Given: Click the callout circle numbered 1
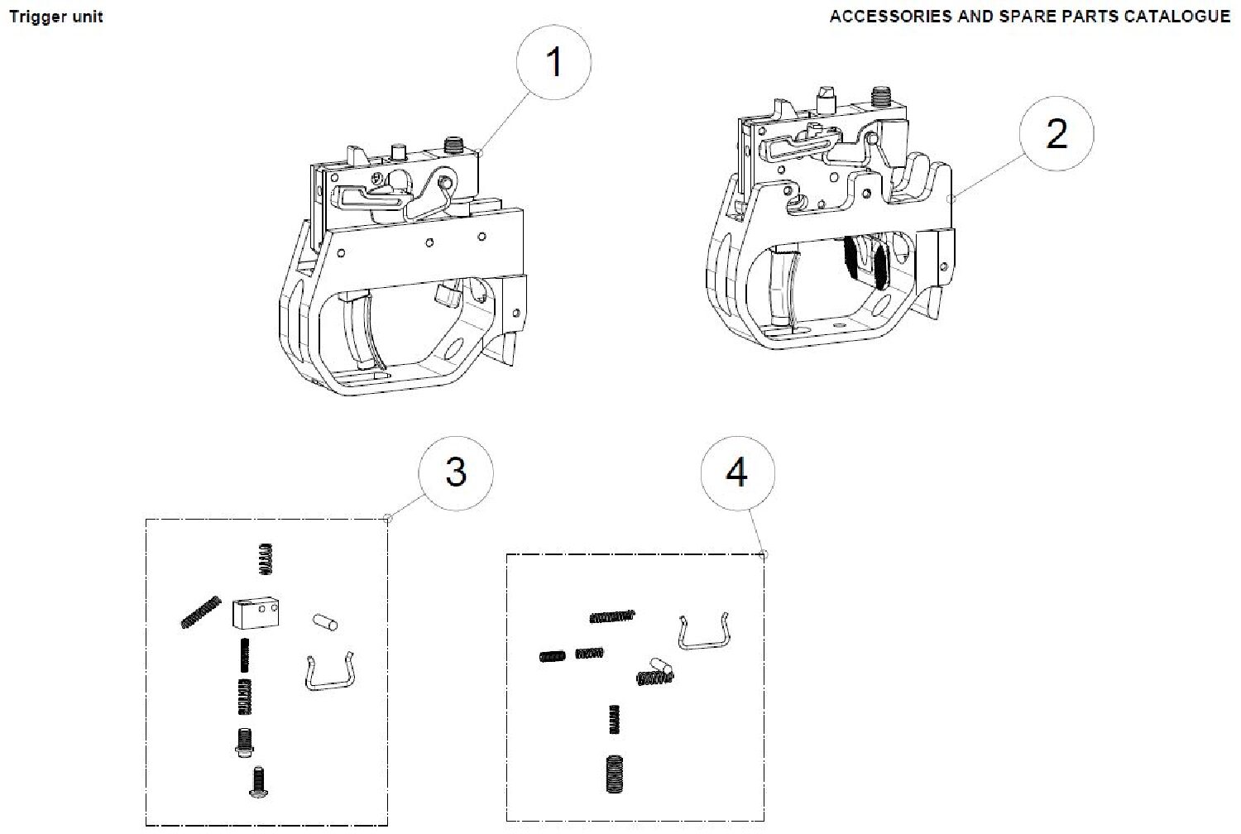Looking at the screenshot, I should coord(554,62).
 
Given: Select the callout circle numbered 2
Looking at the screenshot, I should coord(1057,133).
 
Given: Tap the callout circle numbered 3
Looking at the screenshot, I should coord(456,472).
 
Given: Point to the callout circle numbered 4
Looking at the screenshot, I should coord(737,472).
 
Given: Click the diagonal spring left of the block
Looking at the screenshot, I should coord(201,611).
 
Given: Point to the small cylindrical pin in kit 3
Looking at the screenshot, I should coord(325,621).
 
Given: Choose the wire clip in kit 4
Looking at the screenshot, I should coord(705,632).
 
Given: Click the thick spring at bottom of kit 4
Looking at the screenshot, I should coord(614,774).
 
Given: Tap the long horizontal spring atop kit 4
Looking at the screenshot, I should coord(611,616).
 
